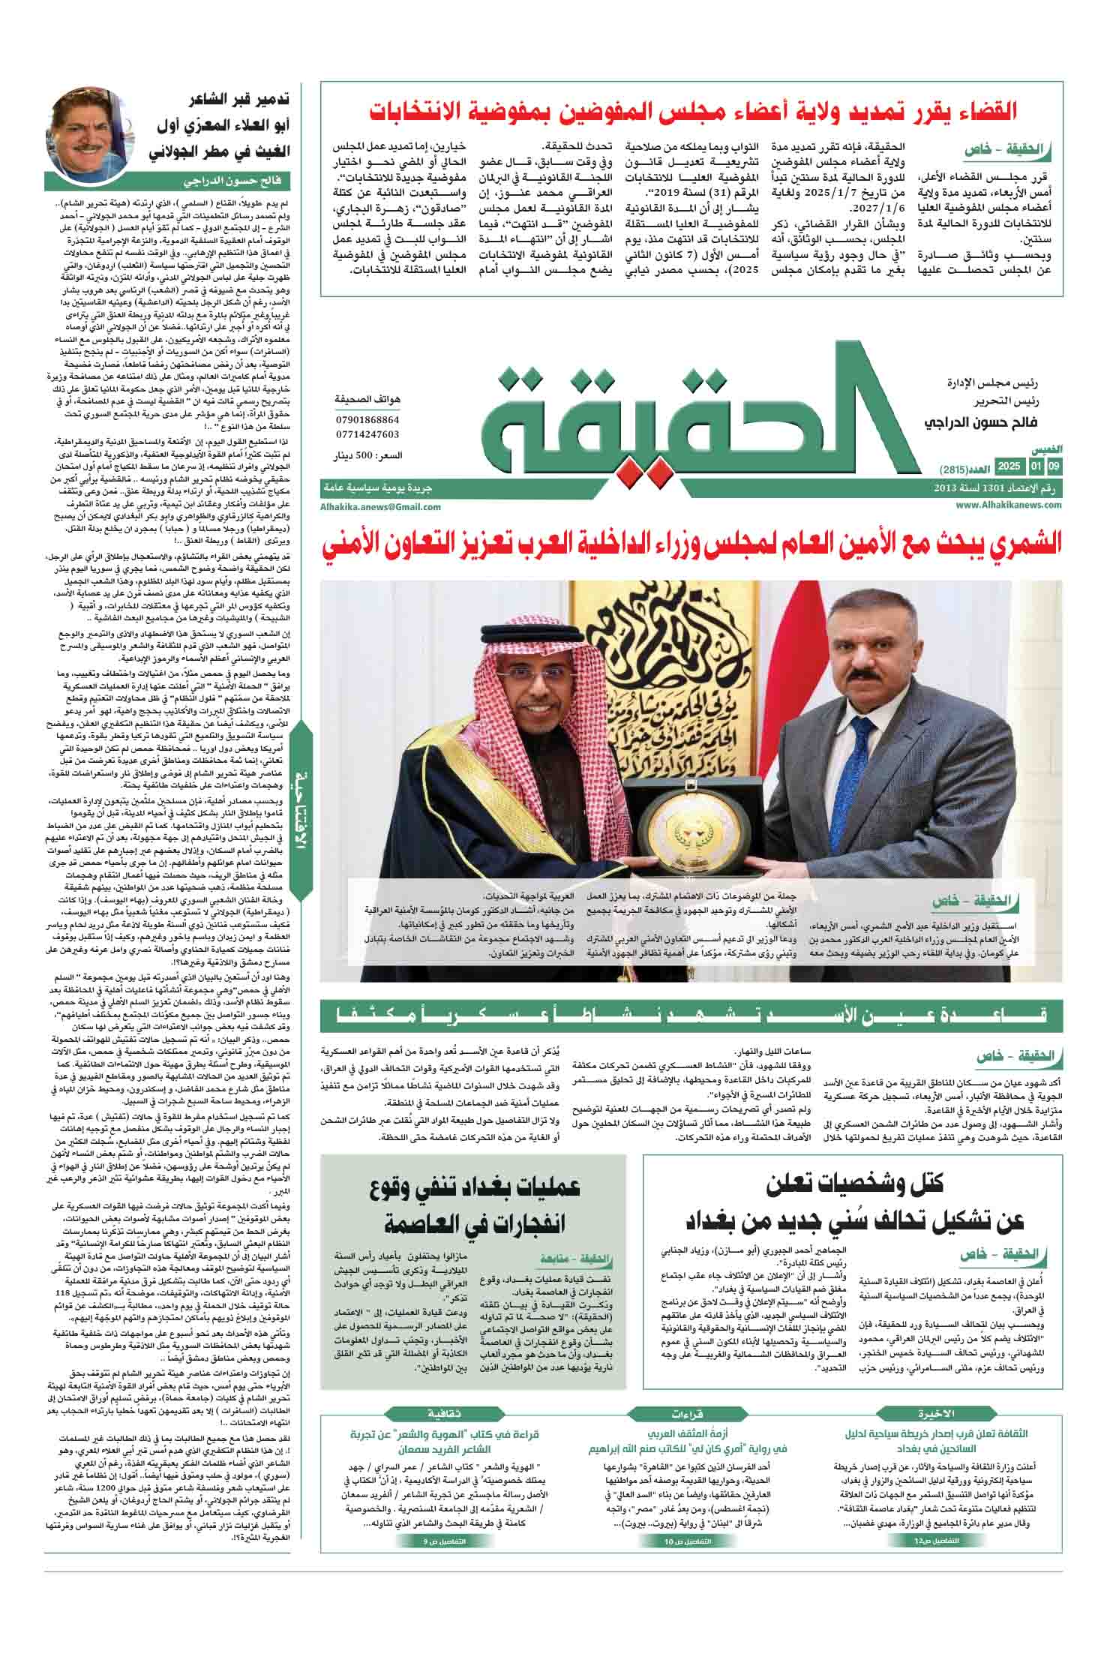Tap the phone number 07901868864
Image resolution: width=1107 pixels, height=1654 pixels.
point(367,419)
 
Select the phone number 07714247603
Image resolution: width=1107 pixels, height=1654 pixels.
point(367,434)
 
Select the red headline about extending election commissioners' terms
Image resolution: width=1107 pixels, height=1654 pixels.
point(694,112)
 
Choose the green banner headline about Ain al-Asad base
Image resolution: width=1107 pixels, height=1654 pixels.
point(690,1016)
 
